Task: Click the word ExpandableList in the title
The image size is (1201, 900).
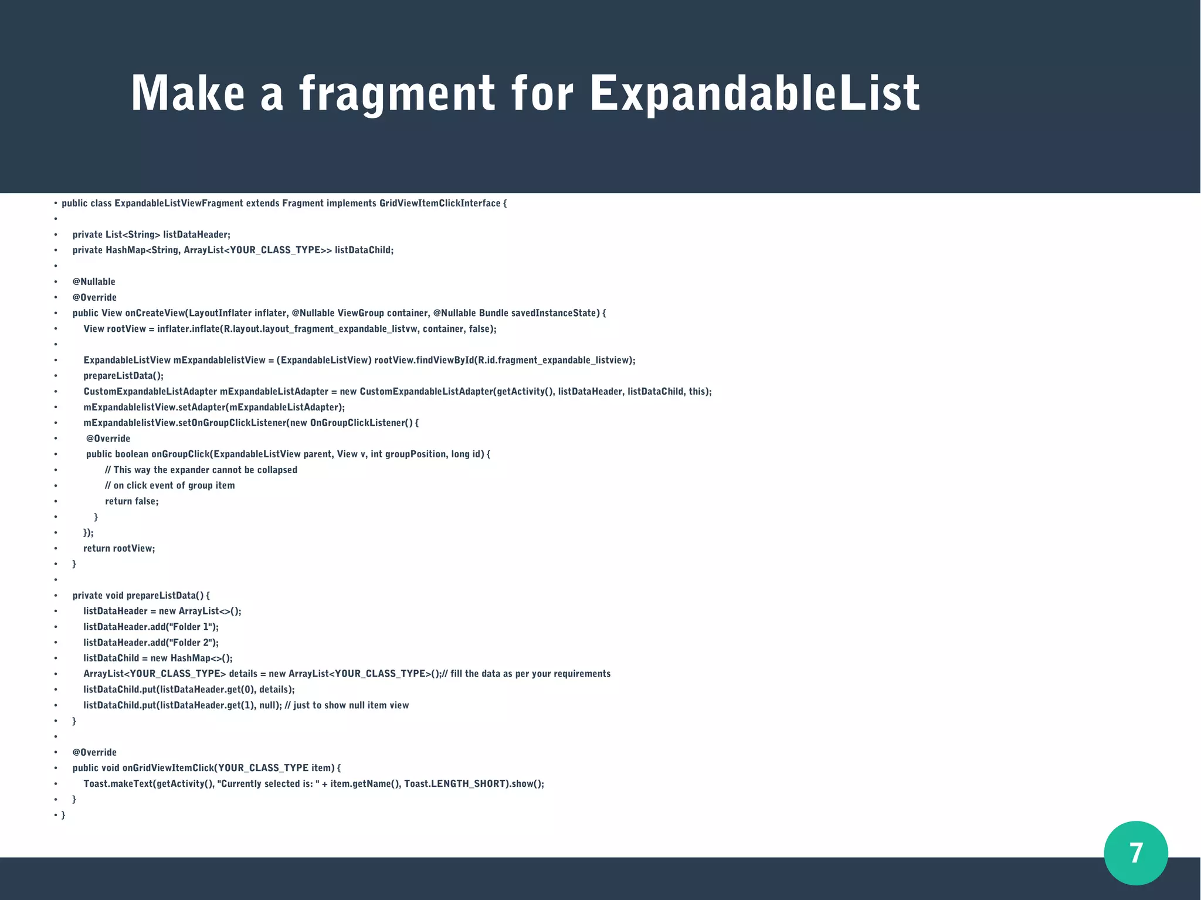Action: point(755,94)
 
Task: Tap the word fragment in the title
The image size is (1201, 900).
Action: point(397,94)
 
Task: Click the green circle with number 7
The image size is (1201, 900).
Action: point(1135,853)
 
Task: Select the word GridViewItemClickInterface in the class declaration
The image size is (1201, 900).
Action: point(440,203)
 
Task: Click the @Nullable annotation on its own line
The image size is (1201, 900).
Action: point(94,281)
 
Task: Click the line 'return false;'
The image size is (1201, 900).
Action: point(132,501)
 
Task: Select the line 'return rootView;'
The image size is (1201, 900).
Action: point(119,548)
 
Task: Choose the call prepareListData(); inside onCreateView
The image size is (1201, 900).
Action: point(123,376)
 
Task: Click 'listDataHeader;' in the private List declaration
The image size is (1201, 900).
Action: point(196,235)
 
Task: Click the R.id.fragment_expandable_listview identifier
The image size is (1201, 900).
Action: point(554,360)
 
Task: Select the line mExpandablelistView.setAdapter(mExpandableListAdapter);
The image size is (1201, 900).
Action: point(214,407)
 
